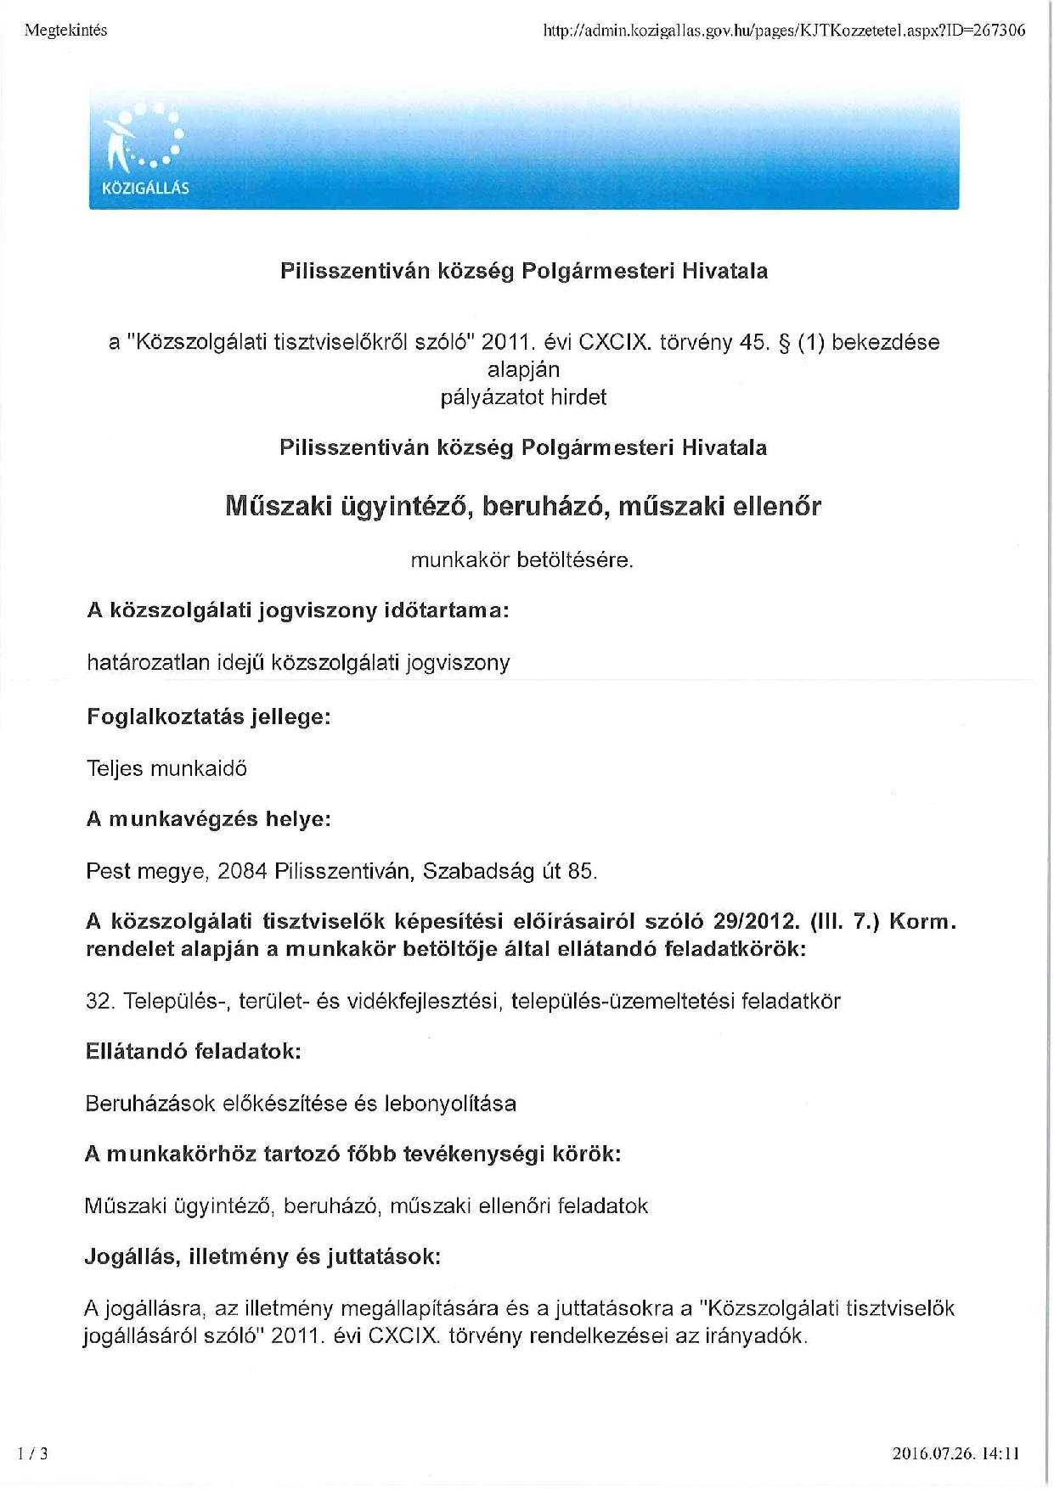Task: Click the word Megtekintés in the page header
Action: click(66, 31)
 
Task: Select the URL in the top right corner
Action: click(783, 31)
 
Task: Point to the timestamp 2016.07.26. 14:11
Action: click(955, 1453)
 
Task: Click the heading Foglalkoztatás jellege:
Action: click(208, 716)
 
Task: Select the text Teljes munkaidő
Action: click(166, 769)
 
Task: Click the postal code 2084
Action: click(242, 871)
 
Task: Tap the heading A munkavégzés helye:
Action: click(208, 819)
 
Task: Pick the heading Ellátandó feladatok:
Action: click(194, 1051)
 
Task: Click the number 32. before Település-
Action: click(100, 1001)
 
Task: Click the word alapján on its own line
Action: click(523, 370)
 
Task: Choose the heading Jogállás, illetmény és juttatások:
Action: click(262, 1256)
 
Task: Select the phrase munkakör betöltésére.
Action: click(522, 560)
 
